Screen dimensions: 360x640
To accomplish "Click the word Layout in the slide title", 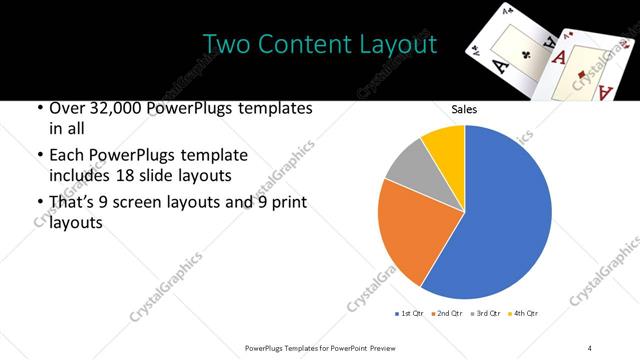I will (x=399, y=45).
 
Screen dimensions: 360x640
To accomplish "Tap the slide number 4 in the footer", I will (x=590, y=347).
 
